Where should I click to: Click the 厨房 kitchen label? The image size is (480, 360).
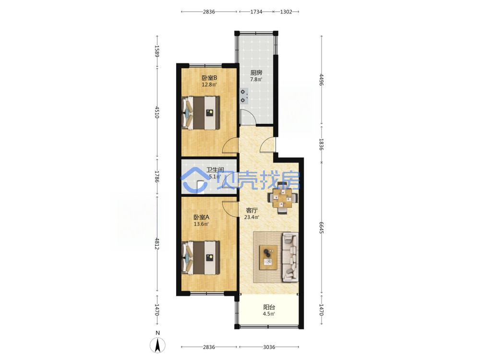[256, 72]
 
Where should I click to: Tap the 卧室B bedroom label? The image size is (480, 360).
[209, 78]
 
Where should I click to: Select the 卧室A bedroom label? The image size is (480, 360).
[202, 217]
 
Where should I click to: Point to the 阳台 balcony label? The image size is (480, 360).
[269, 307]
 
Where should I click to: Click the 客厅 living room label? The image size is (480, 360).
[252, 210]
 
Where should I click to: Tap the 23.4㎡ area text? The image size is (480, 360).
[252, 217]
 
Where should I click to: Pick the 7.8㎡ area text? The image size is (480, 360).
[256, 79]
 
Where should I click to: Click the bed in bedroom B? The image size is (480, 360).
[201, 113]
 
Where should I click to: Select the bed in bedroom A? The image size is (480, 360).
[201, 258]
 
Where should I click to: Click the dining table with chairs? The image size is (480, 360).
[283, 198]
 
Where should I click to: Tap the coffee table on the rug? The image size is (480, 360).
[268, 257]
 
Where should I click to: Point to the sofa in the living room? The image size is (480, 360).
[290, 257]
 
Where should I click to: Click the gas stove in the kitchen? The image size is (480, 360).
[244, 96]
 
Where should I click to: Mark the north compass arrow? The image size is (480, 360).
[157, 345]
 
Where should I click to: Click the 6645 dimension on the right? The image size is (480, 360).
[322, 228]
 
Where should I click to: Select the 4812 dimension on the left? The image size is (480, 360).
[157, 243]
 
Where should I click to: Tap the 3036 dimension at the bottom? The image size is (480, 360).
[269, 347]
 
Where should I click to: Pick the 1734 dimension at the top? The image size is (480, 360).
[256, 12]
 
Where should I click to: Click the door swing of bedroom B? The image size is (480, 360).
[230, 145]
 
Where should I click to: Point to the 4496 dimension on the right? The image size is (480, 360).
[322, 80]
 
